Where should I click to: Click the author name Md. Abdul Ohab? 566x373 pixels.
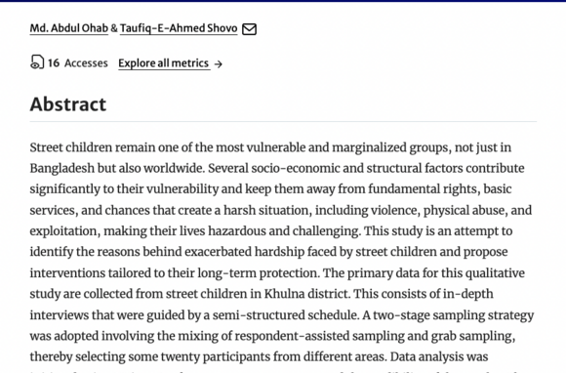68,28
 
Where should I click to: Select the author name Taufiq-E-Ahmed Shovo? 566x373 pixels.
179,28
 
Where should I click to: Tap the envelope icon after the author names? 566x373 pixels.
249,29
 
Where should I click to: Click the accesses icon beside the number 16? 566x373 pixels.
37,62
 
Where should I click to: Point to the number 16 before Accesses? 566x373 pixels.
54,63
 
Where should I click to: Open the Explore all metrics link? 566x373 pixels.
163,63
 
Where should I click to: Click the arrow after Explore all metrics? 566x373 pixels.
219,64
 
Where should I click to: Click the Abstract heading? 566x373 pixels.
67,104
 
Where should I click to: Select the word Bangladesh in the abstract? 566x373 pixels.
62,168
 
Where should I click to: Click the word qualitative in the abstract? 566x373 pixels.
490,273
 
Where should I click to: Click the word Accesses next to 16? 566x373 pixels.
86,63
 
